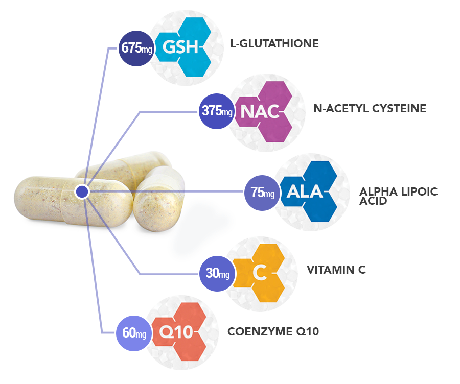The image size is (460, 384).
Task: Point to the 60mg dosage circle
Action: pos(134,333)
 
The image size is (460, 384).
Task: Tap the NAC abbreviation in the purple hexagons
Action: pos(260,111)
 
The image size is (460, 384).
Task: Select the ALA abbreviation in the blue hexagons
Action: pos(305,192)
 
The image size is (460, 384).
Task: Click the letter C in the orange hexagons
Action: pos(260,274)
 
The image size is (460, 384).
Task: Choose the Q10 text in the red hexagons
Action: pos(176,333)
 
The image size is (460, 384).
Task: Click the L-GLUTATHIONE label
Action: pos(274,44)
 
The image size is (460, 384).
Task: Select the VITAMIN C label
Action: pos(336,270)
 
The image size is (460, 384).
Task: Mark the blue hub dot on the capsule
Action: pos(82,192)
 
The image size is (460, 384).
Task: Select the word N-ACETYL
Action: pos(337,108)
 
